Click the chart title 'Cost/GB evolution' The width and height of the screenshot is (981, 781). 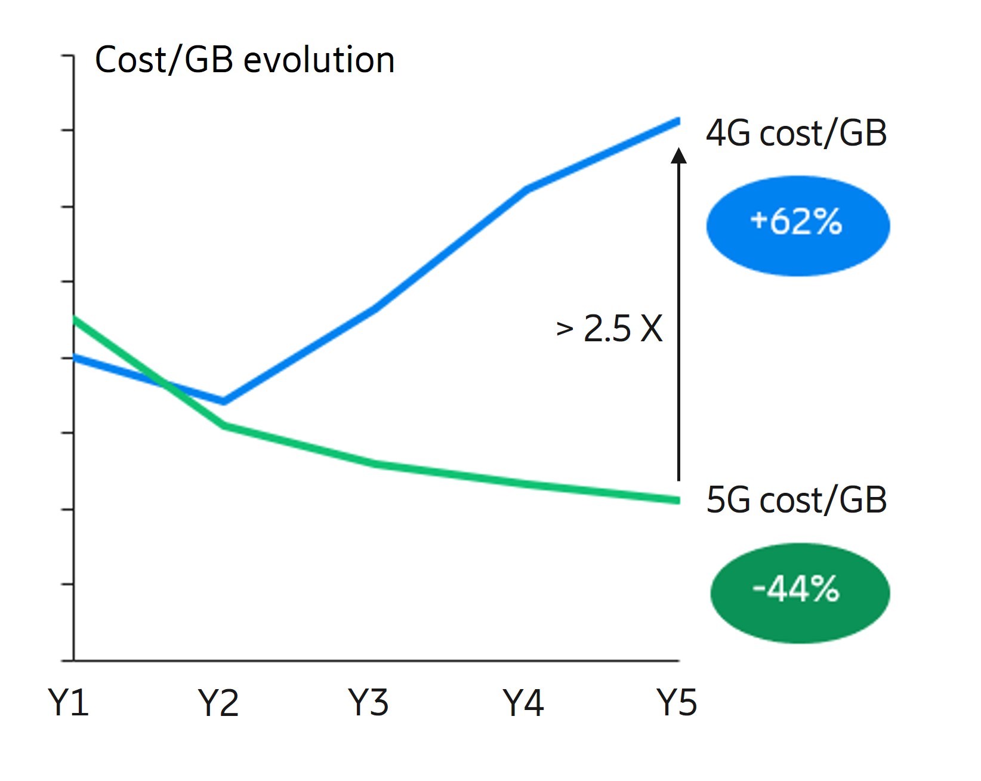point(245,60)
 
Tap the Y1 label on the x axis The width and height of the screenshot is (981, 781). point(69,702)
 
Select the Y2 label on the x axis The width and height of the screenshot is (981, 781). point(218,702)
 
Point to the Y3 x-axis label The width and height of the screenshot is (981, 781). point(369,702)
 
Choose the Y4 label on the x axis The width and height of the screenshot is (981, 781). point(523,702)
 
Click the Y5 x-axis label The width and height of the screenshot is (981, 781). point(677,702)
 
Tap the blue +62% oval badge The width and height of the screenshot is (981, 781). point(798,225)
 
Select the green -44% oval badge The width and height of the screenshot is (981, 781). point(799,592)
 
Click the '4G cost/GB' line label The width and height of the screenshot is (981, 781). point(796,133)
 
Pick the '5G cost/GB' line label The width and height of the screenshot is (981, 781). point(796,500)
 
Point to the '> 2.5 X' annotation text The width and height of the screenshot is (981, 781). point(609,328)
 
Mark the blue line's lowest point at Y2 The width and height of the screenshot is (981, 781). point(223,401)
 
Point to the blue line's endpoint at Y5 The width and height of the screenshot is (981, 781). point(678,121)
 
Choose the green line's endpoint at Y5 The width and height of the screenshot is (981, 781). point(678,500)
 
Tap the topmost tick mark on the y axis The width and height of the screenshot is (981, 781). point(67,56)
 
